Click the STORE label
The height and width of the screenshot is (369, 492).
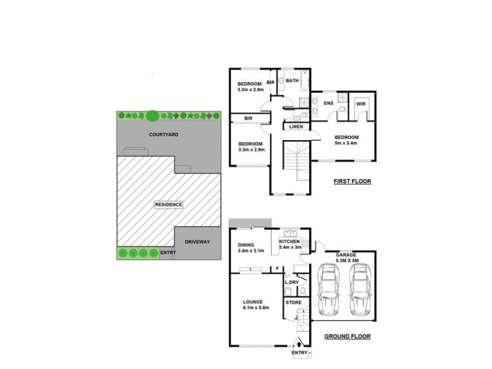point(293,303)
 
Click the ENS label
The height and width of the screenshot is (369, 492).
point(328,103)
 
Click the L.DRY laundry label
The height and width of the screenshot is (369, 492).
point(294,282)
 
